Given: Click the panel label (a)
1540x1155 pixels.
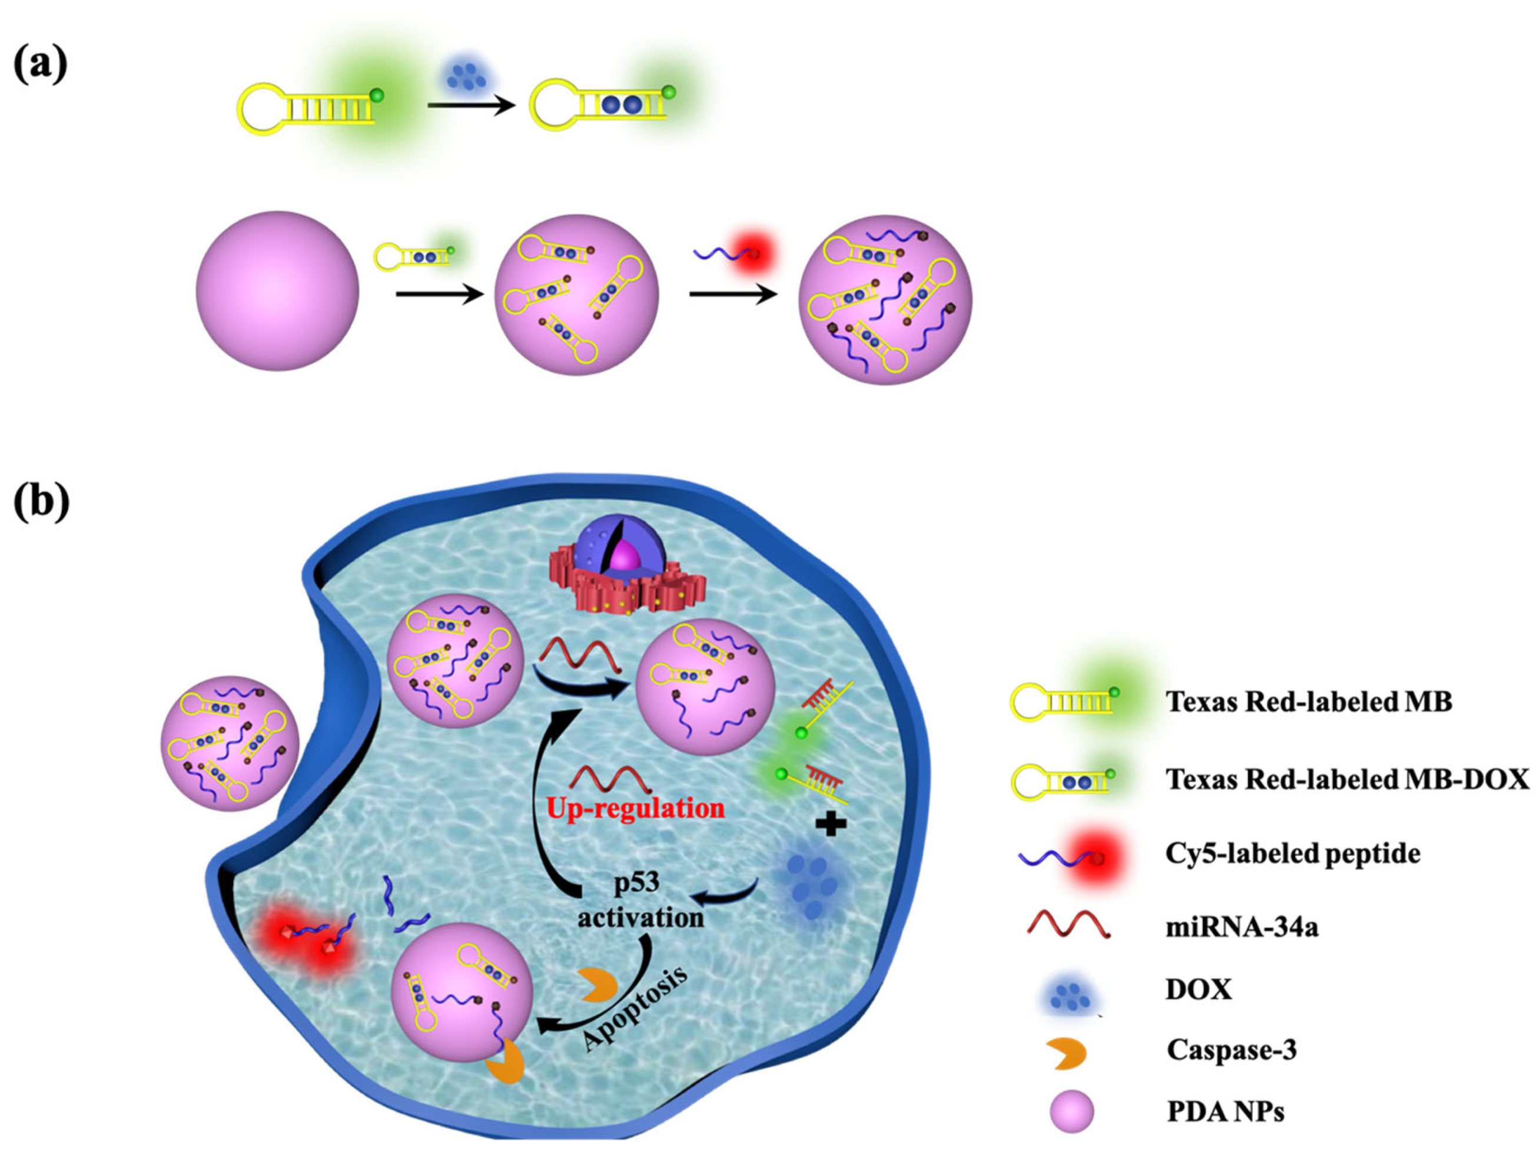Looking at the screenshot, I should point(41,64).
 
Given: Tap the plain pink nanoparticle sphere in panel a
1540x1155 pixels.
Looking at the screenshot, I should point(277,290).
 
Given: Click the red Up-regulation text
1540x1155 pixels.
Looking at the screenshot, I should point(635,808).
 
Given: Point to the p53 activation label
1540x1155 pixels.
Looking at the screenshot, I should point(640,900).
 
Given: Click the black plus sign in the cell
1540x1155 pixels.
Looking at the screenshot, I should point(831,825).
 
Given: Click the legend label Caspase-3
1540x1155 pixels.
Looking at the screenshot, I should point(1232,1049).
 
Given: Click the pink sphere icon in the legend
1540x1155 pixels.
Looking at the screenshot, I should point(1071,1111).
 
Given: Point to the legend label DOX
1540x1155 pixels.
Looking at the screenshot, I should point(1198,989).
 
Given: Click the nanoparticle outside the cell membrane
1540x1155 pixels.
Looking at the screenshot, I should point(230,743).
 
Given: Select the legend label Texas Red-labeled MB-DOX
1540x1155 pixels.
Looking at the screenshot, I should point(1347,779).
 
